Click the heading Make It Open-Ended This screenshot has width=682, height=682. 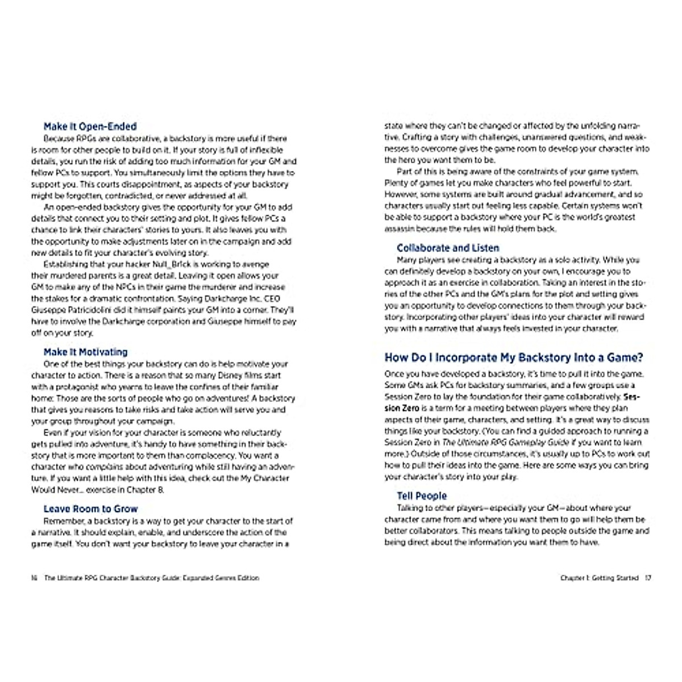point(90,127)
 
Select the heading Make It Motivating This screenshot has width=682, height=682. point(85,352)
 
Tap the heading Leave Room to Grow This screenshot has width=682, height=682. point(90,509)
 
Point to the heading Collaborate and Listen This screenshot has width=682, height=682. point(448,248)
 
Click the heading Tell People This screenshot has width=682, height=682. point(422,496)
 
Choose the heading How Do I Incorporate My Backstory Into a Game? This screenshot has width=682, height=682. point(514,357)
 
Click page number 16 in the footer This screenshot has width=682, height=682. point(34,578)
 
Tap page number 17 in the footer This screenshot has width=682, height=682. point(648,578)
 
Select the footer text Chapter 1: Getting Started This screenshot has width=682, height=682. point(600,578)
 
